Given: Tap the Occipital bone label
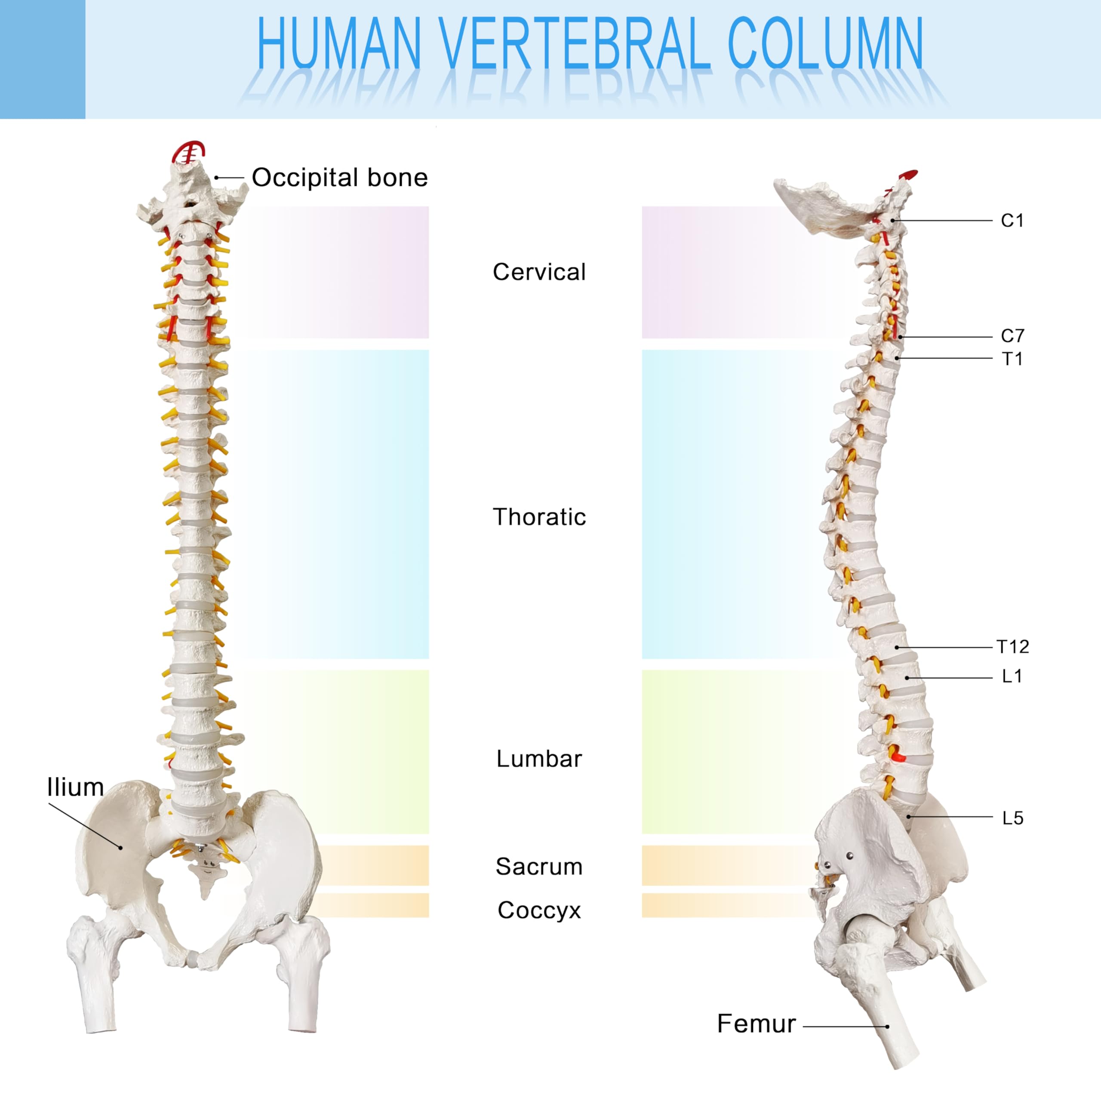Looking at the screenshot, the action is point(340,178).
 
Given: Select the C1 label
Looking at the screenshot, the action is point(1012,221).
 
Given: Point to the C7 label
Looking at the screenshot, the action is point(1012,335).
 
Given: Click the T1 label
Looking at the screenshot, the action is point(1012,359).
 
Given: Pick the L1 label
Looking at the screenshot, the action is point(1012,677).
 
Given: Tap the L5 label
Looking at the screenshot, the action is point(1013,818).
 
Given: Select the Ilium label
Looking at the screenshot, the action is point(75,787).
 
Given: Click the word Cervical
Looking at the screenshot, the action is point(539,272).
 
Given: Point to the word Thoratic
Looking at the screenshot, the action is point(539,517).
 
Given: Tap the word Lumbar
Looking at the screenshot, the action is point(539,759).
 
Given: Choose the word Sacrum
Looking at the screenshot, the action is point(539,867).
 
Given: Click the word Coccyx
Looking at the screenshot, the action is point(539,910).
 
